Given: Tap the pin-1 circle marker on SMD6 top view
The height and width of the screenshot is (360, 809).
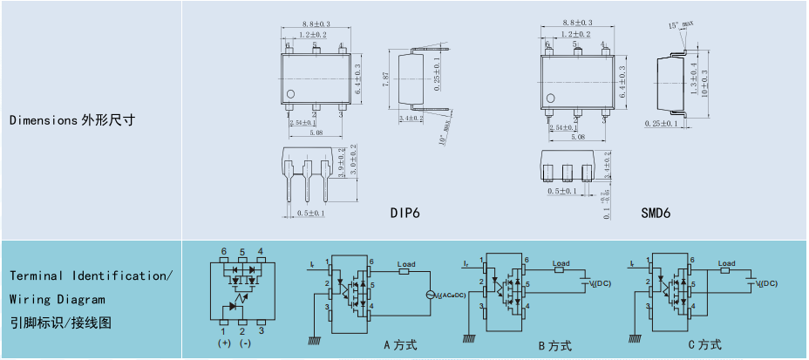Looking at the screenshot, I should coord(549,98).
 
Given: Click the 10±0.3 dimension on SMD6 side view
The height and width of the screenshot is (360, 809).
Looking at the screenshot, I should coord(705,79).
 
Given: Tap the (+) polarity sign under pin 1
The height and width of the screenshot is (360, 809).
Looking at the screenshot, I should coord(224,343).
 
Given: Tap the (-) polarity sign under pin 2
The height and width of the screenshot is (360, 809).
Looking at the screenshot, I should coord(245,343).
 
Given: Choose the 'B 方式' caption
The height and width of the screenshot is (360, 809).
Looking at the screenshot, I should coord(554,345).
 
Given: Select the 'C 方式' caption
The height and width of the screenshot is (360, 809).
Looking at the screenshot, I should coord(704,345).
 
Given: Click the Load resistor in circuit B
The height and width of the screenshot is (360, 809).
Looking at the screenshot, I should coord(561,270).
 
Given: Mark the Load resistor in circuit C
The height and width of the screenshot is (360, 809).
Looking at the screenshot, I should coord(725,270).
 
